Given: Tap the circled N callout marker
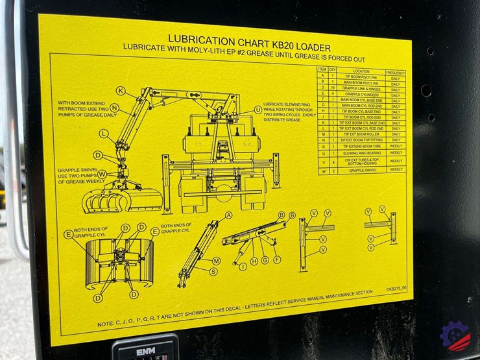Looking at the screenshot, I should pos(114,108).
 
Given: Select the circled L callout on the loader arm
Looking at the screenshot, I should pos(104,134).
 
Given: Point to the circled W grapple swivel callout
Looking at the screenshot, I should pos(102,174).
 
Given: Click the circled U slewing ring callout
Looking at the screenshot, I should pos(258,110).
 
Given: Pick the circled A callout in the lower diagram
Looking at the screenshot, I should pos(228,215).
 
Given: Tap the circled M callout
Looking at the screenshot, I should pos(216,260).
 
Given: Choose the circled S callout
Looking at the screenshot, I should pos(213,271).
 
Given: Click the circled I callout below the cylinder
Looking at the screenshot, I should pos(243,266).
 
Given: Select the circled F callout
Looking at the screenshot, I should pos(277,259).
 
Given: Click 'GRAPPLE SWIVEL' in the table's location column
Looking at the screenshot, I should pos(361,169).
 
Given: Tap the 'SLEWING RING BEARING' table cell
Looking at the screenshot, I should pos(361,153).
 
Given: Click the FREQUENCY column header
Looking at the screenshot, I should pos(395,72).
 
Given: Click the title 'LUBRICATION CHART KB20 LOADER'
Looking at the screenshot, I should pos(250,39).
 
